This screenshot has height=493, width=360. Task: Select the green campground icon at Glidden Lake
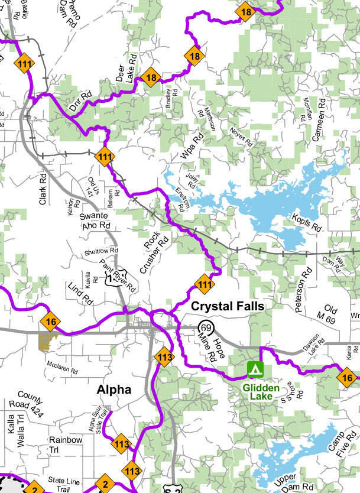click(255, 370)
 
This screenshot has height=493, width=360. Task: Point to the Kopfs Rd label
click(306, 223)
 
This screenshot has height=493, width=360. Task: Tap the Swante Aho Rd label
click(96, 220)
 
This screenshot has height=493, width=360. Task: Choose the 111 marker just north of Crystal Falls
click(205, 284)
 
